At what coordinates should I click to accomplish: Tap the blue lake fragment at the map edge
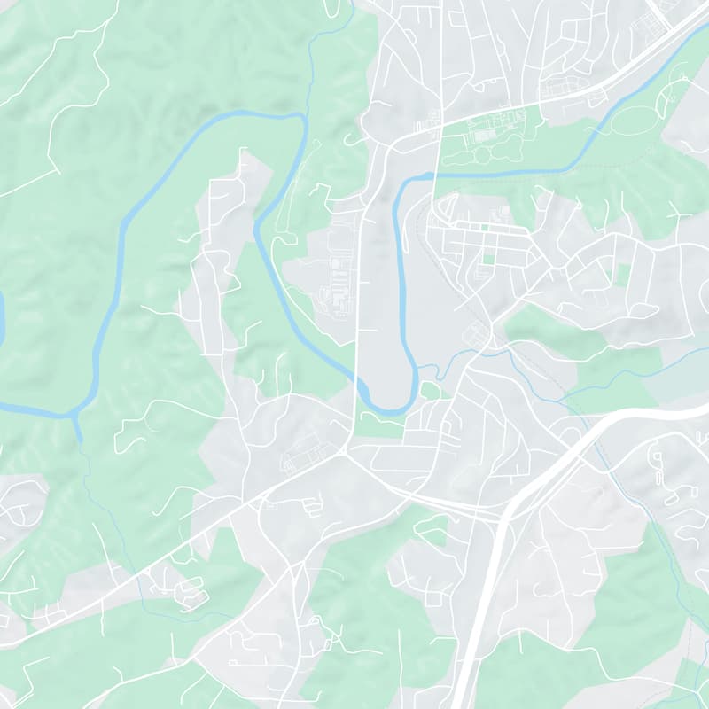point(2,310)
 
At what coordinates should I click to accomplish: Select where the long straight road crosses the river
point(359,384)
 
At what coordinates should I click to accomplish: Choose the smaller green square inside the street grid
point(484,228)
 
